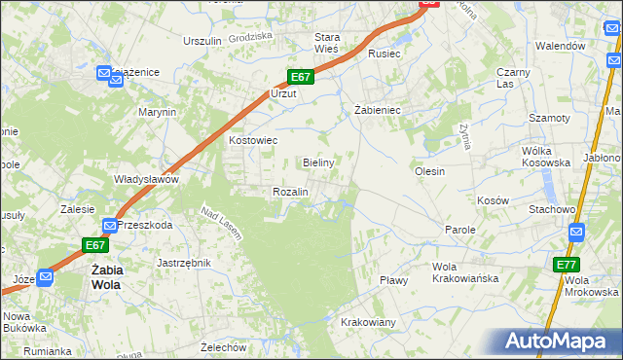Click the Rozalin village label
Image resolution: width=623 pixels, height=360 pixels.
[x=290, y=193]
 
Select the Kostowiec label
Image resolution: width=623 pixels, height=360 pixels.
[x=253, y=140]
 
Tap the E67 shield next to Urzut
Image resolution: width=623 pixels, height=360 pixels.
[x=300, y=77]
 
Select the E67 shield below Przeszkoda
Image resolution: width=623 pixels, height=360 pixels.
[x=94, y=245]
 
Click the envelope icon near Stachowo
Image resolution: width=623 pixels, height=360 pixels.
[x=576, y=232]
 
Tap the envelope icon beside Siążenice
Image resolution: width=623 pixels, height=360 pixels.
[x=104, y=73]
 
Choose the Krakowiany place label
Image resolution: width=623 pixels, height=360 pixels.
[x=367, y=322]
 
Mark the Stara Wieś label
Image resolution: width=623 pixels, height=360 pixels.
[x=325, y=43]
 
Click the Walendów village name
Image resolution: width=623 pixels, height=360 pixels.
[x=561, y=46]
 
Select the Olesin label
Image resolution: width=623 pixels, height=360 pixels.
[x=429, y=171]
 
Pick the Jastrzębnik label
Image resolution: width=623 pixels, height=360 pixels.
[x=184, y=263]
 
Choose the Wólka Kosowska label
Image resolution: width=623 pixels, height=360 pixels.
[x=543, y=157]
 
